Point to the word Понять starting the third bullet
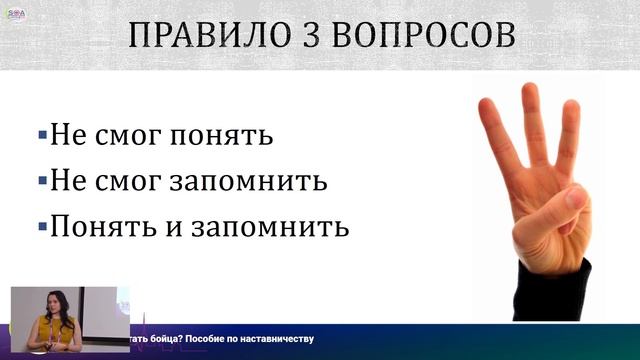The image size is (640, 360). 92,227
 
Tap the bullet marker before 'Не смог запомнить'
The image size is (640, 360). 41,180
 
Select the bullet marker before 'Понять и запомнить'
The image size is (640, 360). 41,225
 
